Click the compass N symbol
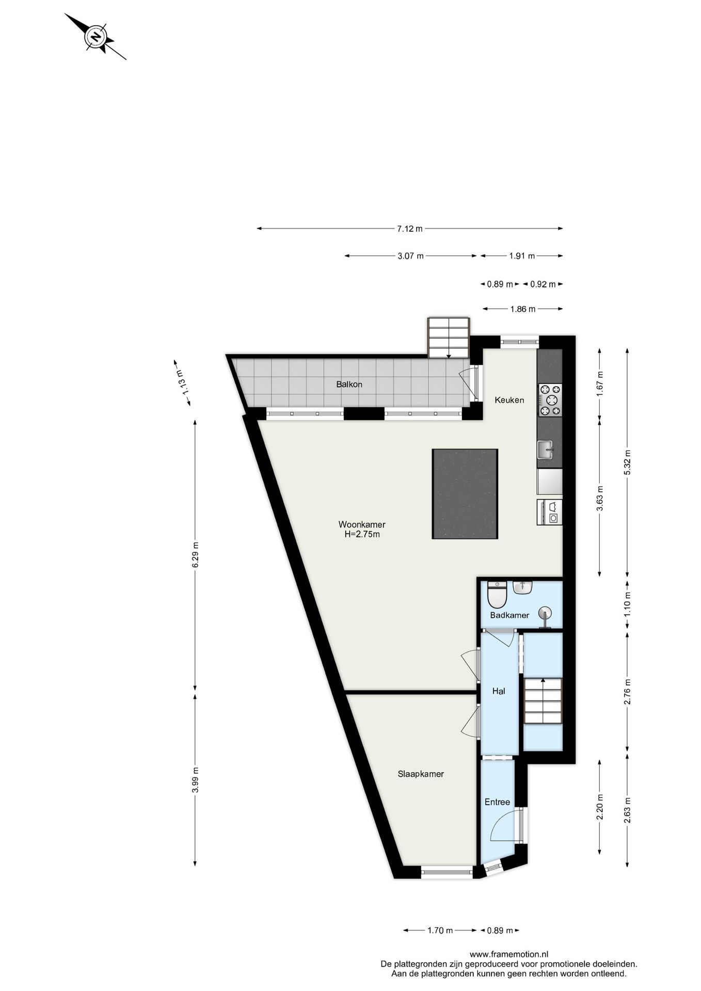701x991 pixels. click(x=95, y=37)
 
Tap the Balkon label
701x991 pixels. click(x=349, y=384)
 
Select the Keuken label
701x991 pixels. click(x=509, y=399)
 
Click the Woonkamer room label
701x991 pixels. click(x=362, y=524)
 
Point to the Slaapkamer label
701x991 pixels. click(x=421, y=774)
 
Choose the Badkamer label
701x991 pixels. click(x=509, y=615)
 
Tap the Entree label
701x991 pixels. click(x=497, y=802)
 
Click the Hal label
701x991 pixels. click(x=498, y=691)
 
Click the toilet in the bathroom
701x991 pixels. click(x=497, y=595)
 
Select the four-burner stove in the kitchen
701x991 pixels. click(x=550, y=400)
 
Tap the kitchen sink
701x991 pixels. click(x=545, y=449)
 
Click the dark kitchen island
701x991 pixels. click(x=465, y=494)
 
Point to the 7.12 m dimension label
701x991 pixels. click(x=409, y=229)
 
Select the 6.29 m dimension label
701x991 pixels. click(x=195, y=554)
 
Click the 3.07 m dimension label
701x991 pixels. click(x=410, y=255)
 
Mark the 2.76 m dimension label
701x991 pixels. click(x=627, y=691)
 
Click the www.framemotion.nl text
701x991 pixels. click(x=508, y=954)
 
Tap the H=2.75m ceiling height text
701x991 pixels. click(x=362, y=534)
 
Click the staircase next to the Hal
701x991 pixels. click(x=543, y=701)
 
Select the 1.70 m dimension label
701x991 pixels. click(x=440, y=930)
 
